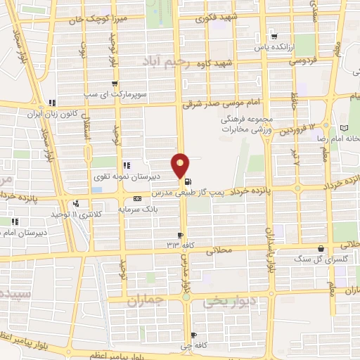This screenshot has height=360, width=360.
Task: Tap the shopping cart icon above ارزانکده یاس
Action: point(275,37)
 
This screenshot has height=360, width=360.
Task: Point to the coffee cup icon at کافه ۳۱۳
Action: point(181,235)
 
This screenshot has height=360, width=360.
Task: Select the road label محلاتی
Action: point(218,249)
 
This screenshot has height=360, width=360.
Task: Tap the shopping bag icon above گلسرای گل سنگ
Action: point(321,248)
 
